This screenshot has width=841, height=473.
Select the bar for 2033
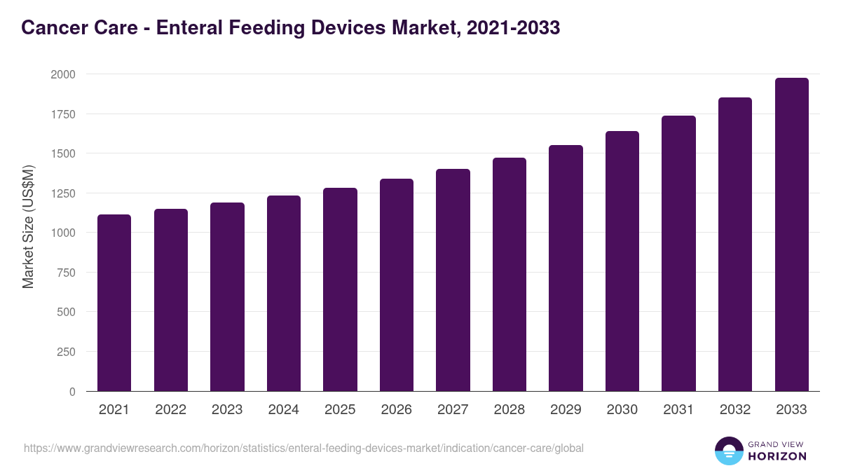[791, 235]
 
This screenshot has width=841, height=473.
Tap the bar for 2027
[453, 280]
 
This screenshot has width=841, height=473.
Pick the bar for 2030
[622, 261]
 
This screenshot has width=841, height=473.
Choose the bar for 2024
[284, 294]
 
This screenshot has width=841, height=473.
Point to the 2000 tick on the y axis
[62, 74]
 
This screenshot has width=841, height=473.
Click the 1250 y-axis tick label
[62, 193]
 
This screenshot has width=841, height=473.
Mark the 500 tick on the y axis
[66, 313]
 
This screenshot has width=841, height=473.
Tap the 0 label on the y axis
[72, 392]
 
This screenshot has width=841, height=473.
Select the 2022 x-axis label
[170, 410]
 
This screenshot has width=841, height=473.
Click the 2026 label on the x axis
[397, 410]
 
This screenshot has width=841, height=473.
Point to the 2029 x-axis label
[566, 410]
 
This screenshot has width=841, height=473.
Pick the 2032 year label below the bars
[735, 410]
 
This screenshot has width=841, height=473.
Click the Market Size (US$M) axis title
[28, 227]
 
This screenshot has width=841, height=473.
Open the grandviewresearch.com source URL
[303, 448]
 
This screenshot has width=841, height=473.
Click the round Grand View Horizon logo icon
[729, 451]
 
